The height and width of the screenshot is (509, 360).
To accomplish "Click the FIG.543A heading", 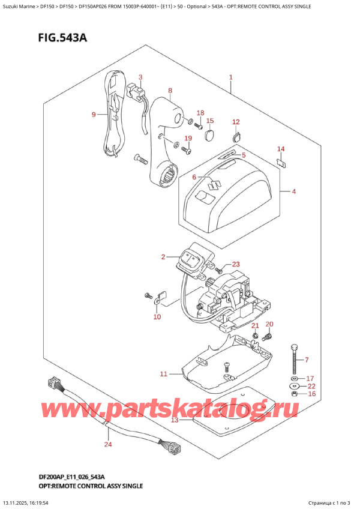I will (x=49, y=38).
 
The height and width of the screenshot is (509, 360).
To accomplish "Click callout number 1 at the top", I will (x=230, y=77).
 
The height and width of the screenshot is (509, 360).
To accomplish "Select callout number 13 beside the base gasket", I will (x=175, y=420).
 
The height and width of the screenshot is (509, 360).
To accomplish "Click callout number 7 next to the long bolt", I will (x=306, y=360).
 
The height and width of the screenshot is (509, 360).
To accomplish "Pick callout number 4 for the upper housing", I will (x=294, y=192).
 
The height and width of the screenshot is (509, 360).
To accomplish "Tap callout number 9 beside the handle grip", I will (x=94, y=115).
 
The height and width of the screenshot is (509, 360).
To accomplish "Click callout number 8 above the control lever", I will (x=170, y=91).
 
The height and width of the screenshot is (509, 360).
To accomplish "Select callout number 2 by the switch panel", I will (x=163, y=258).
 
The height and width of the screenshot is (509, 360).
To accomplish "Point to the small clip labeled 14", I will (x=281, y=161).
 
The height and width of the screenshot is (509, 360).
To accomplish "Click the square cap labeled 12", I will (x=236, y=136).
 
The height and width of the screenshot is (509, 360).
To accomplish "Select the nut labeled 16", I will (x=293, y=394).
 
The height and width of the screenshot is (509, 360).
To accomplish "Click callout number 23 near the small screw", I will (x=235, y=265).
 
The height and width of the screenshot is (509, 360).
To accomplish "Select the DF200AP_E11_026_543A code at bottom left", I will (x=57, y=475).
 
